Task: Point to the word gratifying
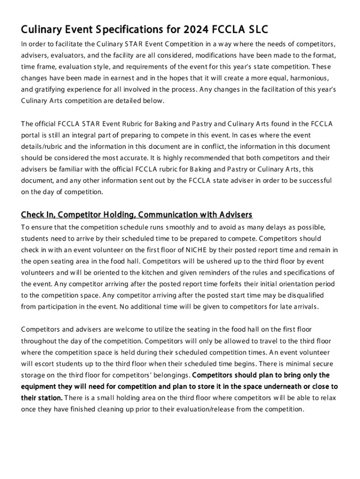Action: (x=52, y=89)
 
